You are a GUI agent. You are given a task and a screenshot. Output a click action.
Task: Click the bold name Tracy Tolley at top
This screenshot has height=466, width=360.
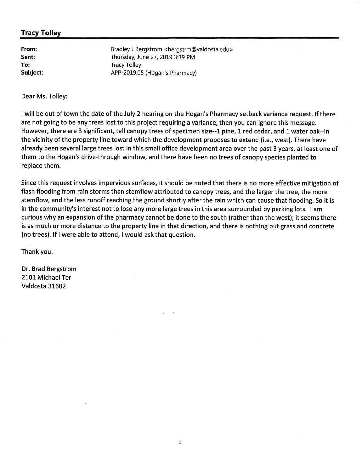pyautogui.click(x=41, y=33)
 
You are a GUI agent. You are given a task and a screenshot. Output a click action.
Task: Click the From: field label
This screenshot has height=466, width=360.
pyautogui.click(x=29, y=49)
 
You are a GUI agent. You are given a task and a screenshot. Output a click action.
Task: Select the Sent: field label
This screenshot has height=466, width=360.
pyautogui.click(x=28, y=57)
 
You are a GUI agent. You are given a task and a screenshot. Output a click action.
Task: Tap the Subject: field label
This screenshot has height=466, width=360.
pyautogui.click(x=32, y=73)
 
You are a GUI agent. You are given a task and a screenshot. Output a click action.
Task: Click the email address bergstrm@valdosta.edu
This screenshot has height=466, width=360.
pyautogui.click(x=198, y=49)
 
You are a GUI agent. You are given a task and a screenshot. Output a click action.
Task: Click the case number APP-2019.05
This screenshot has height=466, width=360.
pyautogui.click(x=127, y=73)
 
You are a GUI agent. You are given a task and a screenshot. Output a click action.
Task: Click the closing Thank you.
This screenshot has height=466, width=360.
pyautogui.click(x=37, y=251)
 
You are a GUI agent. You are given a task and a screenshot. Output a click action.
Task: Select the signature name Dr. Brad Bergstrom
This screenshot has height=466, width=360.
pyautogui.click(x=49, y=269)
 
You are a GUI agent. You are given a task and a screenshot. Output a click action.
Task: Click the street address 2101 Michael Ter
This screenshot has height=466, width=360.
pyautogui.click(x=46, y=277)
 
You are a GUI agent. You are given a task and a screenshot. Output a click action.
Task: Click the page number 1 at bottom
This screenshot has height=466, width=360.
pyautogui.click(x=180, y=442)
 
